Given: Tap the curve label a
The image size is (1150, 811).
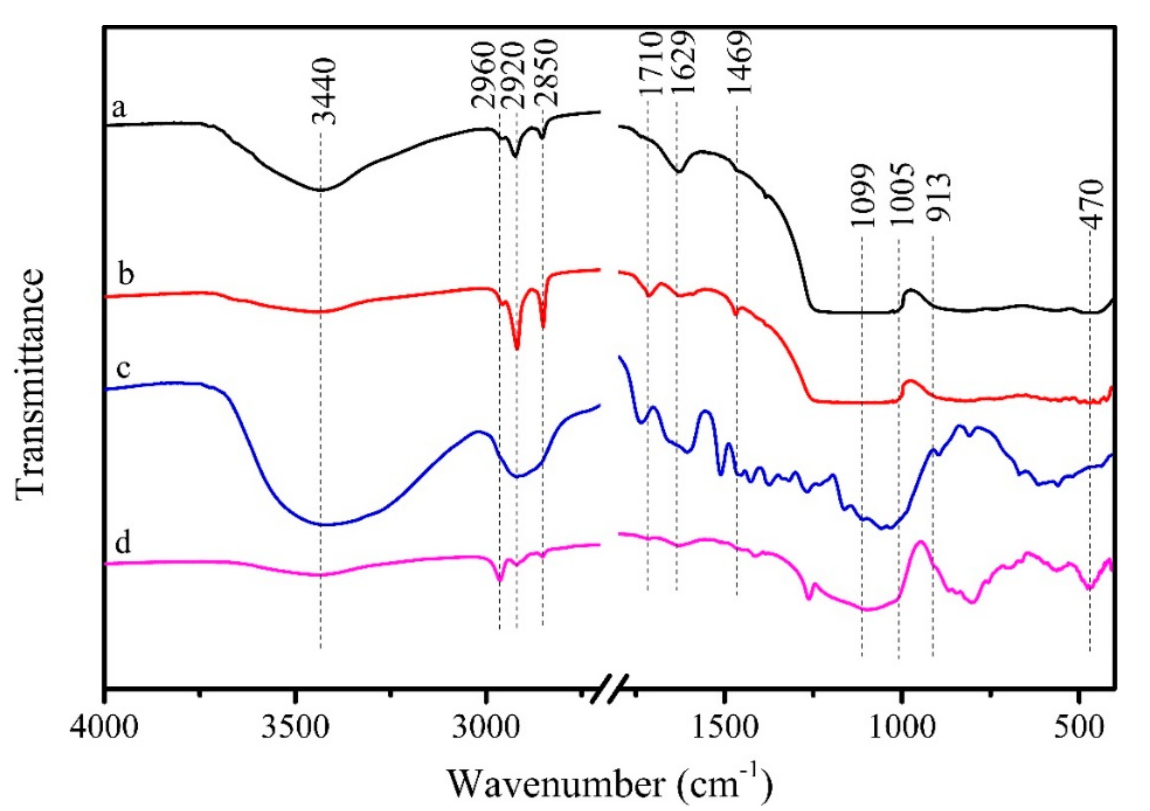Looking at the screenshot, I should (x=119, y=108).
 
